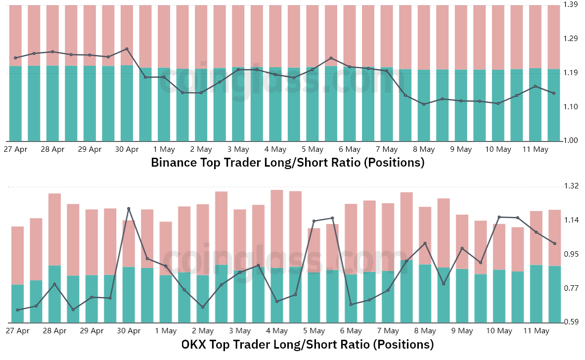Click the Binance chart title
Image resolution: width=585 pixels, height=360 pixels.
click(x=288, y=163)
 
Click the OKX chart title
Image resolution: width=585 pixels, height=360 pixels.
click(x=308, y=344)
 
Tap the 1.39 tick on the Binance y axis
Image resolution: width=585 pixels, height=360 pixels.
click(x=571, y=4)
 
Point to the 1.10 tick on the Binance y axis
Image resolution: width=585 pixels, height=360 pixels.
click(x=571, y=107)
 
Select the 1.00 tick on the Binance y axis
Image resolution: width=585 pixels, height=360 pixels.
click(x=571, y=140)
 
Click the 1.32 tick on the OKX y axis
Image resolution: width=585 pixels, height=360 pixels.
click(x=571, y=186)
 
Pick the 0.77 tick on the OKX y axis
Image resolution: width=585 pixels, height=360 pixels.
click(x=571, y=288)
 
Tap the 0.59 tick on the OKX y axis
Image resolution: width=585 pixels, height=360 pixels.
click(x=571, y=322)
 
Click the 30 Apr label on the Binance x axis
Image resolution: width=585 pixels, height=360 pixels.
click(x=127, y=150)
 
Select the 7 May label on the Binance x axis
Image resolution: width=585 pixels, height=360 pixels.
click(x=387, y=150)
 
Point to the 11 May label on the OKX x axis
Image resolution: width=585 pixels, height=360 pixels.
click(x=537, y=331)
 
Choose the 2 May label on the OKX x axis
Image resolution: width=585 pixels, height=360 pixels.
click(x=203, y=331)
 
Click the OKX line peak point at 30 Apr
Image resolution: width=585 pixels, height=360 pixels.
click(x=129, y=209)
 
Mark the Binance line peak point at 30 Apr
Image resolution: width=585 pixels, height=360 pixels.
click(x=127, y=49)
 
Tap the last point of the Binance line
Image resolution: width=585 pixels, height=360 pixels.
click(x=554, y=93)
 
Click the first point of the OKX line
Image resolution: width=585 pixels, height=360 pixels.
click(x=17, y=310)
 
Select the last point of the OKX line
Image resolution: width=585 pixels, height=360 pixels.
click(x=555, y=244)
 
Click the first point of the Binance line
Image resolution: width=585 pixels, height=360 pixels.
click(x=15, y=58)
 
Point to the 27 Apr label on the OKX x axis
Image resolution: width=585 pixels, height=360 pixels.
click(x=17, y=331)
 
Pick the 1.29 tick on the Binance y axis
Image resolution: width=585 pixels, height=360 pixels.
click(x=571, y=39)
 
